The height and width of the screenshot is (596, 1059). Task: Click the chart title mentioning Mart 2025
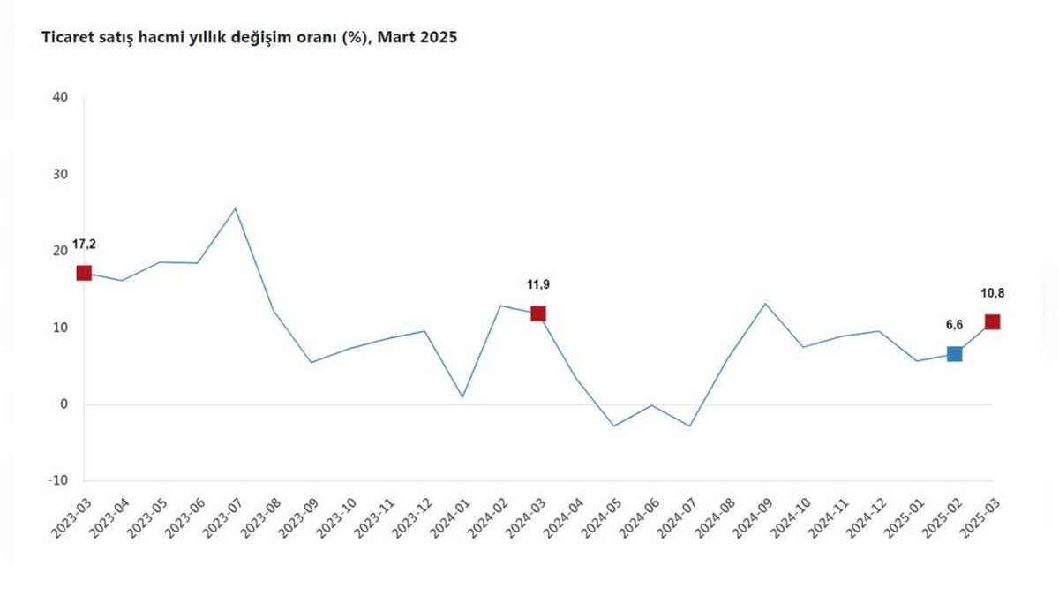click(x=250, y=38)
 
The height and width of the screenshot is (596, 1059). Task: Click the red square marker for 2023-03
click(x=84, y=273)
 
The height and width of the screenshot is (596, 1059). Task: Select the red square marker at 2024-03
click(x=538, y=313)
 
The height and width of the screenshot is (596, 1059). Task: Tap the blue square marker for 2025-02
click(x=954, y=354)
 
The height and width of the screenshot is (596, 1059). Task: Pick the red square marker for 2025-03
click(x=992, y=321)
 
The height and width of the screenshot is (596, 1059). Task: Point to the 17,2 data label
click(x=85, y=244)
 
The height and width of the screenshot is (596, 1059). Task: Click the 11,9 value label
click(x=537, y=284)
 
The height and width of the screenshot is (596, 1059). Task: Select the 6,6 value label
click(x=953, y=325)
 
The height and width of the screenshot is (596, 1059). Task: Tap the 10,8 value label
click(x=992, y=292)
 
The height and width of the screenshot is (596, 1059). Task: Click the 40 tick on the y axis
click(x=61, y=97)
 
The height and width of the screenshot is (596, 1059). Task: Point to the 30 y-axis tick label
click(x=61, y=174)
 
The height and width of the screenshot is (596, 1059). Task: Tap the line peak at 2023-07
click(x=235, y=208)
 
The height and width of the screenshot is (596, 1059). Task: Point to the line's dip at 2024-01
click(x=462, y=396)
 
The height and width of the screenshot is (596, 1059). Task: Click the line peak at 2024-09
click(x=765, y=304)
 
